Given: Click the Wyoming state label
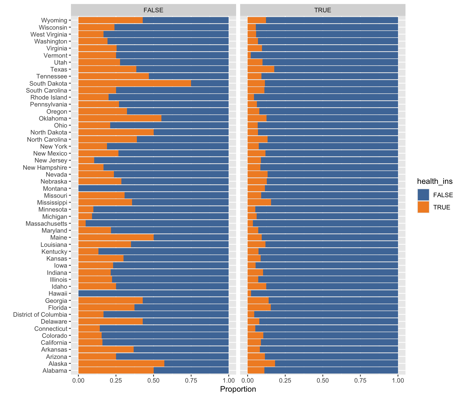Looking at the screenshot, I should tap(54, 20).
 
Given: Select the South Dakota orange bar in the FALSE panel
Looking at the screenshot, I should tap(134, 84).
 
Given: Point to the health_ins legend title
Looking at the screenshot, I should tap(435, 181).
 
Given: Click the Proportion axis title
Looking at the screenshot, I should tap(238, 389).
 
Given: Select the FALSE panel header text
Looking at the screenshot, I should tap(153, 10).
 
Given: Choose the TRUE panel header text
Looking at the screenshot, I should tap(323, 10).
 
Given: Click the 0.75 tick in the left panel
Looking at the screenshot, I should tap(191, 380).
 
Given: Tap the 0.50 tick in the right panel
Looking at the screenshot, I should tap(323, 380).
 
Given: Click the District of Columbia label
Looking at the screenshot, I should tap(40, 315).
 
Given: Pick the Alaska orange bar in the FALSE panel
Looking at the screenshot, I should tap(121, 364).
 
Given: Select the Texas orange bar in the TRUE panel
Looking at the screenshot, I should tap(261, 69).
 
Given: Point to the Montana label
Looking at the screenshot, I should tap(55, 189).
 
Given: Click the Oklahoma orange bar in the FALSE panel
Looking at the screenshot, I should tap(120, 118).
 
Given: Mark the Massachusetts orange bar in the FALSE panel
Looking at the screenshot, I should tap(82, 224).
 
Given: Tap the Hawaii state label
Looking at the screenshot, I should tap(58, 293).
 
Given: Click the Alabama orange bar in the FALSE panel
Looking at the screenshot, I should tap(116, 371).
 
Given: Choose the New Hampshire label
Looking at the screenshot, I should tap(45, 168).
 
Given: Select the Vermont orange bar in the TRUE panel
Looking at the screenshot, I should tap(249, 55).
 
